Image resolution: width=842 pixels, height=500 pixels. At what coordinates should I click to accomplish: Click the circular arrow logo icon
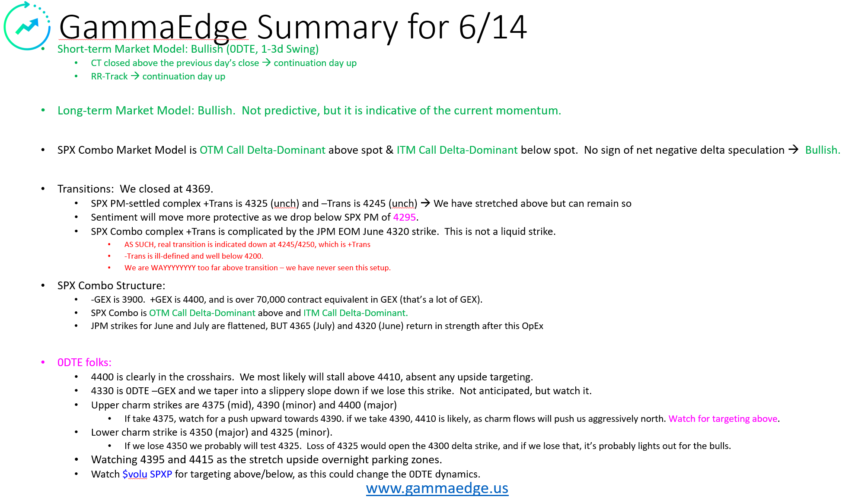[x=27, y=26]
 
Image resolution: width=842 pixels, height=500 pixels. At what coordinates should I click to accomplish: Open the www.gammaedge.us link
[x=437, y=488]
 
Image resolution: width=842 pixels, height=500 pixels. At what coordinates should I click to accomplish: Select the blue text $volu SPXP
[x=147, y=474]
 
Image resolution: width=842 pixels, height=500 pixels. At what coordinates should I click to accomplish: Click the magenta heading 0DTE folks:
[x=84, y=363]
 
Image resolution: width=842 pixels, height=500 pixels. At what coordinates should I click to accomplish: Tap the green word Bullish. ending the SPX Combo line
[x=822, y=150]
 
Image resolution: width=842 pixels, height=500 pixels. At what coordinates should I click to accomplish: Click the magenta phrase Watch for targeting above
[x=723, y=419]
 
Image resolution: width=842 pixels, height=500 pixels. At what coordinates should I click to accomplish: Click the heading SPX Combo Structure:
[x=111, y=286]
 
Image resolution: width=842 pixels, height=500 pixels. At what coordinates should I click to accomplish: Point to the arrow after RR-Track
[x=135, y=76]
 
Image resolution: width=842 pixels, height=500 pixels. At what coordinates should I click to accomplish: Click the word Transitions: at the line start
[x=85, y=189]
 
